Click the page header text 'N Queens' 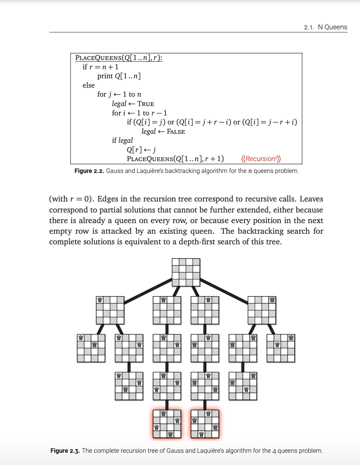(332, 27)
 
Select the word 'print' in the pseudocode (105, 76)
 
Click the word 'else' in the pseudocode (89, 85)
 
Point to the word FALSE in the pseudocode (176, 131)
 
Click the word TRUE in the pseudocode (146, 104)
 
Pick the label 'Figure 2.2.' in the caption (89, 171)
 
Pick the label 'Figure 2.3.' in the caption (65, 451)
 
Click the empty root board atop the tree (186, 272)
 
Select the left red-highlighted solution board (167, 424)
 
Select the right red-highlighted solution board (205, 424)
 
